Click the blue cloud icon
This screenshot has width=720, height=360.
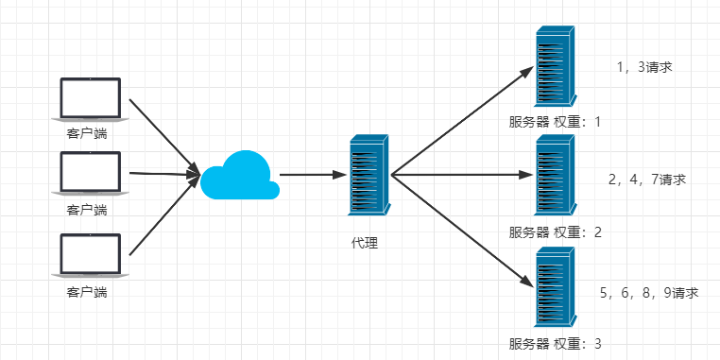[x=240, y=175]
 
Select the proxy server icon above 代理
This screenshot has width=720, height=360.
[x=368, y=176]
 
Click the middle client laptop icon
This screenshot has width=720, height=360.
[x=91, y=174]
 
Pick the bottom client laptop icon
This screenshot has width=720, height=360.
[x=91, y=256]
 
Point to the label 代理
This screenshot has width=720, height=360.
[x=365, y=243]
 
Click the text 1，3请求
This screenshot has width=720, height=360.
[x=643, y=67]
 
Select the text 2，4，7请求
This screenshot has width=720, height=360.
[x=647, y=179]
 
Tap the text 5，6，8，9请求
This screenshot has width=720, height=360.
[x=649, y=293]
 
